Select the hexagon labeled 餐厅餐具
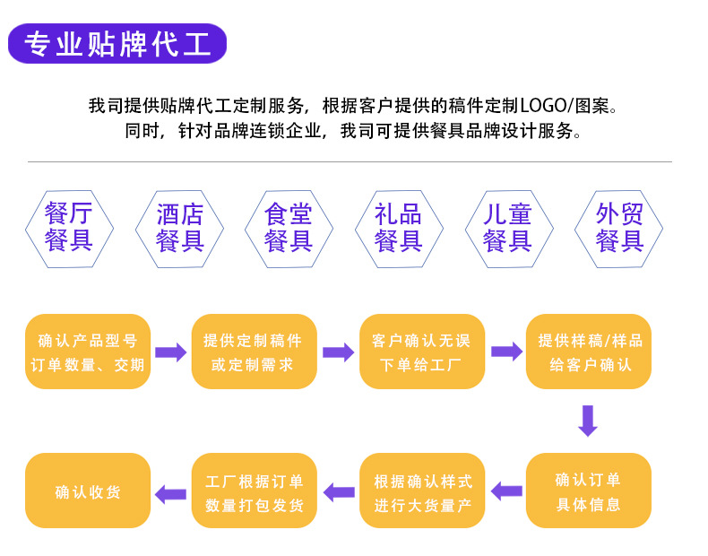coord(69,227)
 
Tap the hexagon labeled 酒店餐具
coord(180,227)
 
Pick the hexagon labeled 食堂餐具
coord(289,227)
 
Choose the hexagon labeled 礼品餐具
coord(398,227)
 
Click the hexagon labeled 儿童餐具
coord(507,227)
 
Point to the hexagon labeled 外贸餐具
coord(619,227)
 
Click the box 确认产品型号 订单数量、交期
coord(87,352)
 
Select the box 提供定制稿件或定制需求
coord(254,352)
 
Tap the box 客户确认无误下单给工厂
coord(421,352)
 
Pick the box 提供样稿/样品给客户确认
coord(588,352)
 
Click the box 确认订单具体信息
coord(588,491)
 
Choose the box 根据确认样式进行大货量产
coord(421,491)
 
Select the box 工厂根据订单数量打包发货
coord(254,491)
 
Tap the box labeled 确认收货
coord(87,491)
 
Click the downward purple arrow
coord(588,421)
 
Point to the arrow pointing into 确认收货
coord(170,492)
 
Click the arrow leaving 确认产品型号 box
coord(170,352)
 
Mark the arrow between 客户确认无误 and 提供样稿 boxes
coord(505,352)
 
